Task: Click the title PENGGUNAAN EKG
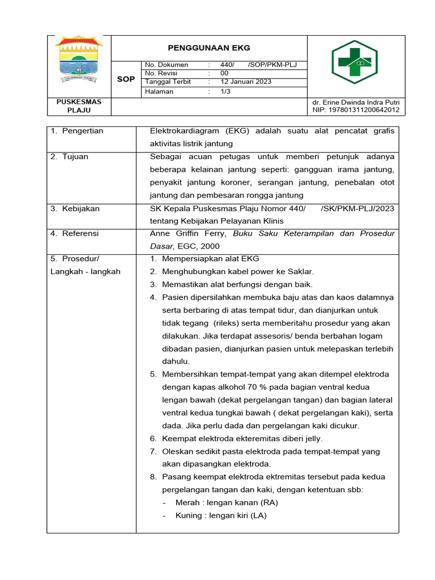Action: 208,48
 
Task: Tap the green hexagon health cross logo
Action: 355,62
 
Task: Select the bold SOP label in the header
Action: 126,79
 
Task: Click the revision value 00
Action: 224,73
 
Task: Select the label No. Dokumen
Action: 167,65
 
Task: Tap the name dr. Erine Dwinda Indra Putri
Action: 352,102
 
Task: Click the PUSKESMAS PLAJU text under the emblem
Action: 79,106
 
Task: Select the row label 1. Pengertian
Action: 77,131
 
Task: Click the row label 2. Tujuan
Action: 69,157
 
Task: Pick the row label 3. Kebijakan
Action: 75,208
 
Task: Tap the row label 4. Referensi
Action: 74,233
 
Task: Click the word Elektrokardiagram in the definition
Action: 183,131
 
